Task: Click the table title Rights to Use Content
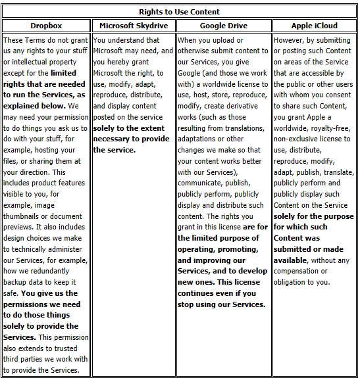point(180,12)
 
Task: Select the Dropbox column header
point(45,26)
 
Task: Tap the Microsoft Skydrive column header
point(134,26)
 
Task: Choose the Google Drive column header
point(223,26)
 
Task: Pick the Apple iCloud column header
point(314,26)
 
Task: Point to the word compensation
point(296,271)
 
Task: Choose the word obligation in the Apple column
point(294,282)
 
